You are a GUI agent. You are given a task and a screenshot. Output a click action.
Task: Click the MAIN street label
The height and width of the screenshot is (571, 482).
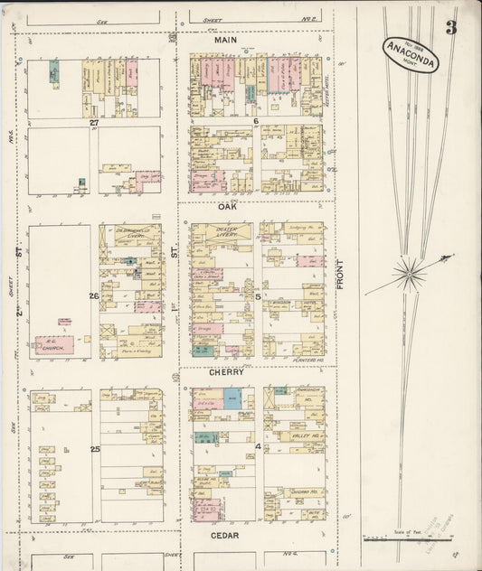(225, 41)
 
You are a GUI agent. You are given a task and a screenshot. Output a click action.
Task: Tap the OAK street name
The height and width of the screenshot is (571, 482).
(226, 206)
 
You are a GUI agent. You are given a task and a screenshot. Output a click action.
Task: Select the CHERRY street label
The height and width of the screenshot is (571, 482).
(226, 371)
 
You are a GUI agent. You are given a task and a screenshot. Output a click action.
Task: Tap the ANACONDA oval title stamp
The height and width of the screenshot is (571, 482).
(412, 56)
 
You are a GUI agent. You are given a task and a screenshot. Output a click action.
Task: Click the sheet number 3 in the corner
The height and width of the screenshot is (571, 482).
(450, 27)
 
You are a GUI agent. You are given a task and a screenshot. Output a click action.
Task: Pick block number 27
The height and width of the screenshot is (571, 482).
(94, 121)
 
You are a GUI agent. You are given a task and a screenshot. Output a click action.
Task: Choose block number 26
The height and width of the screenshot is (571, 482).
(94, 295)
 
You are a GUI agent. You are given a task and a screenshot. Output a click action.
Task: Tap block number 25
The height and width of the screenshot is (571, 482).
(94, 448)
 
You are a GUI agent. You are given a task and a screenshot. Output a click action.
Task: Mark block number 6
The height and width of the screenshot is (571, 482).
(256, 121)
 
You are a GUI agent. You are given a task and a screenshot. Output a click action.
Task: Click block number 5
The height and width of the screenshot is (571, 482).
(258, 295)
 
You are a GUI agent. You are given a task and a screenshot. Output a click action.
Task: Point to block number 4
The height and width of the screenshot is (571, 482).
(258, 447)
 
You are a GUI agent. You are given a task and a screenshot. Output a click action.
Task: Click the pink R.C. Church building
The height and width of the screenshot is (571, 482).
(54, 344)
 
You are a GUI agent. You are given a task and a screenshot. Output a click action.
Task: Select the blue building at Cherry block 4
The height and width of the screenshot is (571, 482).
(232, 398)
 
